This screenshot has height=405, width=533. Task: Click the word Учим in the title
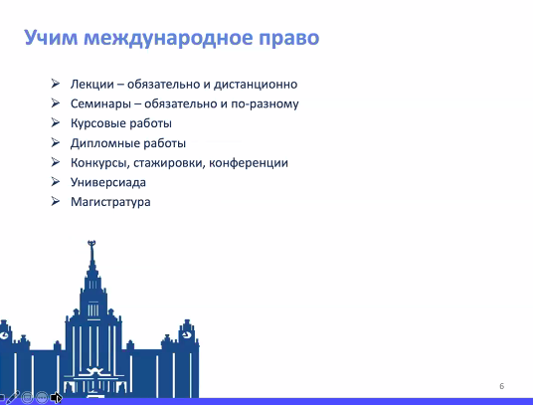[x=51, y=37]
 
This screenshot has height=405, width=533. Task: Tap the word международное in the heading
[x=168, y=38]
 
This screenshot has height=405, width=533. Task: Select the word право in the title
[x=289, y=39]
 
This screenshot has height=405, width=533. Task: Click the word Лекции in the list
[x=92, y=84]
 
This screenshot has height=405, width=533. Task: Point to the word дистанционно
[x=256, y=85]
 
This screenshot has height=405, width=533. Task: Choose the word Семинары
[x=100, y=103]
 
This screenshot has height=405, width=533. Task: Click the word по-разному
[x=265, y=104]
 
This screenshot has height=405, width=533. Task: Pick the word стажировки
[x=169, y=163]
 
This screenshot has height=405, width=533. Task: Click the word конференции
[x=249, y=163]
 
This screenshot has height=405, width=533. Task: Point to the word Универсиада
[x=108, y=182]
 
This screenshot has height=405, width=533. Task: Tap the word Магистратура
[x=110, y=202]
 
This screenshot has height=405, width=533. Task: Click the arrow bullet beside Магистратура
[x=56, y=201]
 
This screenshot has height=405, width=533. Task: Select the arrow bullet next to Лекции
[x=56, y=84]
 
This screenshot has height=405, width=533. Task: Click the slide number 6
[x=502, y=386]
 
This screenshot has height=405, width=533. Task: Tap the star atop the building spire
[x=91, y=243]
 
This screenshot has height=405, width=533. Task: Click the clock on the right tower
[x=186, y=335]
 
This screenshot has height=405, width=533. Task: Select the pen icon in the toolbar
[x=13, y=397]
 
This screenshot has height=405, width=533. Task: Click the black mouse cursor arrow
[x=56, y=397]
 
